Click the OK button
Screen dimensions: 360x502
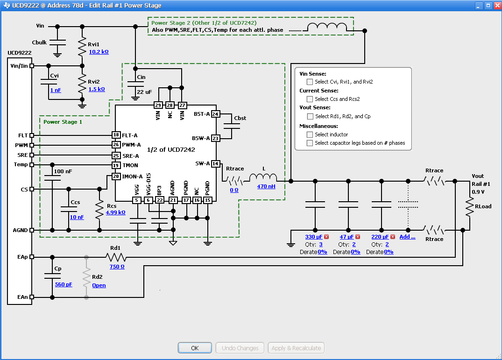click(x=195, y=348)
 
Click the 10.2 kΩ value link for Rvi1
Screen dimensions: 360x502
click(x=99, y=52)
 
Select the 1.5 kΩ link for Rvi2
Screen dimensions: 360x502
click(x=97, y=89)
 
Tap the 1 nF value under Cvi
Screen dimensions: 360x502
click(x=56, y=90)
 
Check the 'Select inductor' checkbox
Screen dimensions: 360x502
click(x=310, y=134)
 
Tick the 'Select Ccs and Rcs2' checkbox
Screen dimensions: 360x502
click(x=310, y=99)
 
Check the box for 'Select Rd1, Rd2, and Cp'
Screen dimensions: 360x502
click(x=310, y=116)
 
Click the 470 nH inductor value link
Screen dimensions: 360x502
click(x=266, y=186)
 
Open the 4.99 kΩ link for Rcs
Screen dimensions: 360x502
click(x=115, y=212)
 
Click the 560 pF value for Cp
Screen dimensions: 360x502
click(x=64, y=284)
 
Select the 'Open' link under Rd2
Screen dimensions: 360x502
click(x=99, y=285)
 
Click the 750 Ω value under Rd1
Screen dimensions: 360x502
click(x=117, y=267)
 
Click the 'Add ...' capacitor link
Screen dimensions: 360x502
click(x=407, y=237)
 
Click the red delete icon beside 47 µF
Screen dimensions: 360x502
click(x=358, y=237)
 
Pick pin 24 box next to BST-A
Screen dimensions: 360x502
click(x=215, y=114)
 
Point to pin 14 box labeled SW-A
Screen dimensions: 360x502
click(x=215, y=163)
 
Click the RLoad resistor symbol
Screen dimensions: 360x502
click(x=469, y=206)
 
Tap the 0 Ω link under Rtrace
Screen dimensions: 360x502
click(x=234, y=190)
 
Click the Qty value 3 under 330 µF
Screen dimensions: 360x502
click(x=321, y=244)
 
